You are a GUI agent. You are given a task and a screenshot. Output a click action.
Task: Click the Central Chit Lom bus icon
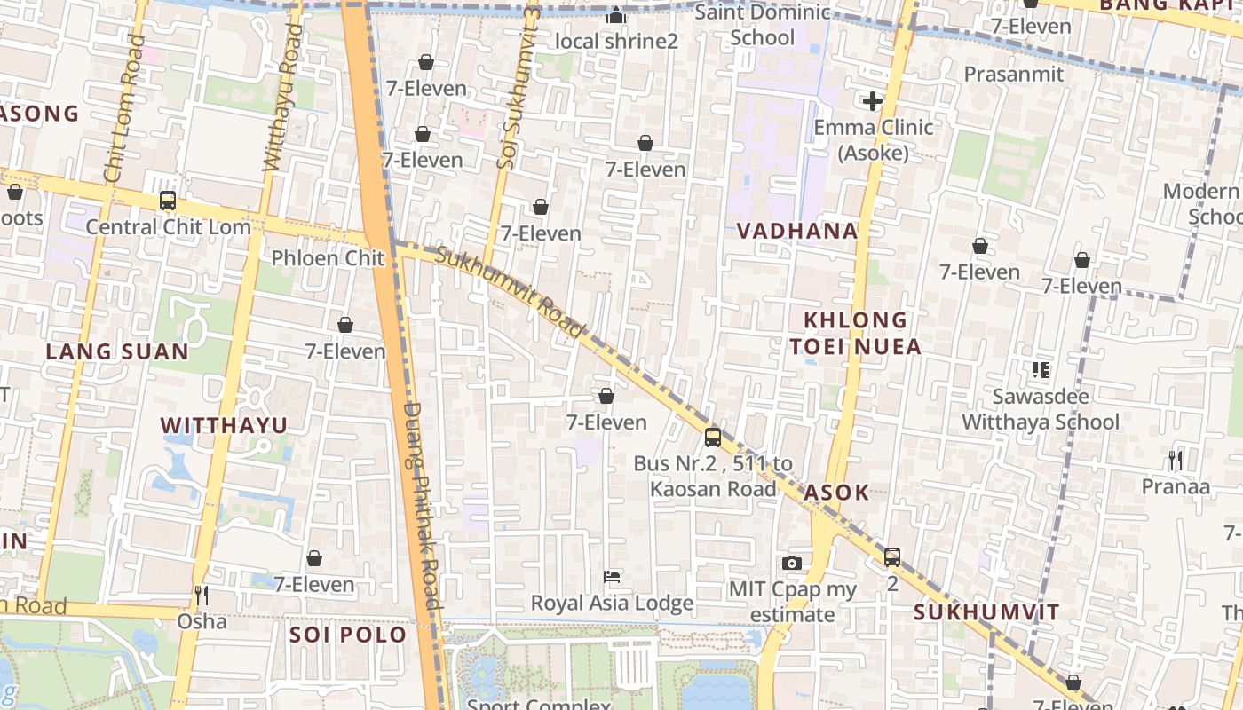coord(168,201)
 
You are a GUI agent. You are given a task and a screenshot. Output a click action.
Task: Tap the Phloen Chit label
coord(328,258)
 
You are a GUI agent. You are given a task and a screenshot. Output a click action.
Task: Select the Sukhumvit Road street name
coord(511,294)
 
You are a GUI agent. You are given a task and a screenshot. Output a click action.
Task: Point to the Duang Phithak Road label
coord(423,506)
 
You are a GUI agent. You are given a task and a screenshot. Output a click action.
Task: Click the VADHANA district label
coord(797,231)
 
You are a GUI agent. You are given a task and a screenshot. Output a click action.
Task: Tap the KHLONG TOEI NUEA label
coord(856,333)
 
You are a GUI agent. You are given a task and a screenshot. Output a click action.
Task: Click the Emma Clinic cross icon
coord(873,101)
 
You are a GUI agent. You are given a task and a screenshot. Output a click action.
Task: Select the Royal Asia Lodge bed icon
coord(612,577)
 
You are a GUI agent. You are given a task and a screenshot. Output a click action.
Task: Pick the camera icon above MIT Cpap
coord(792,563)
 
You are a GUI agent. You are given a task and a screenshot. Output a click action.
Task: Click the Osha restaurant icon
coord(202,595)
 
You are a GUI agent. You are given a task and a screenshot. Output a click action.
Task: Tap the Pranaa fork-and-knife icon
coord(1176,460)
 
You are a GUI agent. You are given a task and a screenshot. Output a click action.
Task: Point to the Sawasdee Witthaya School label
coord(1041,409)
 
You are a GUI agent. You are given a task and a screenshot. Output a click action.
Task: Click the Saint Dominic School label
coord(763,25)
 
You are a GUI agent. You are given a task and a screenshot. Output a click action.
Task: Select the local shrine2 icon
coord(616,16)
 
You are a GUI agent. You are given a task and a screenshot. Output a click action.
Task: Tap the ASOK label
coord(836,493)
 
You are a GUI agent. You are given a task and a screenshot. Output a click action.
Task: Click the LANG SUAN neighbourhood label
coord(117,351)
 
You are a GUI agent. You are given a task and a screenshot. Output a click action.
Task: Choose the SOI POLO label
coord(348,635)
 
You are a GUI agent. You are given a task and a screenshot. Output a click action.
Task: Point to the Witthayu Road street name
coord(282,98)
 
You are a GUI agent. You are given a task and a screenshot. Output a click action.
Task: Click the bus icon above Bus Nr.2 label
coord(713,437)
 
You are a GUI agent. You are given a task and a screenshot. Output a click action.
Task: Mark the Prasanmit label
coord(1013,74)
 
